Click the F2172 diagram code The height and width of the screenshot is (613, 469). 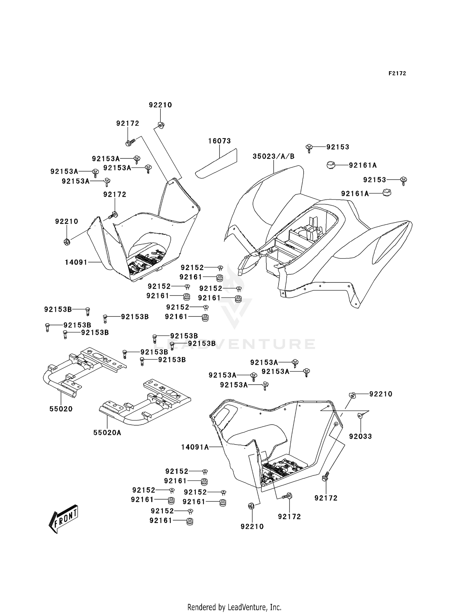[397, 73]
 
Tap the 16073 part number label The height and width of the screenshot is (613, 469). [219, 141]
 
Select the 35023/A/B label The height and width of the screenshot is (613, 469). [274, 156]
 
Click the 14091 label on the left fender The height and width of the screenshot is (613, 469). [76, 262]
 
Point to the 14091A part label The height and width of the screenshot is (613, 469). [195, 447]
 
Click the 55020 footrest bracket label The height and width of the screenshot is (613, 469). [61, 409]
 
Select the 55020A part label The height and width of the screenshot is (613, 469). [107, 432]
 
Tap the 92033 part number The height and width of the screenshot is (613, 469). [361, 436]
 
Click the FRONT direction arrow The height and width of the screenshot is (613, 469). [63, 519]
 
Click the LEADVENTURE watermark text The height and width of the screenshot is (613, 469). [234, 344]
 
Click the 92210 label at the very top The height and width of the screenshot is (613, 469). [160, 105]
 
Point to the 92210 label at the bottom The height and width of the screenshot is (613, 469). [252, 526]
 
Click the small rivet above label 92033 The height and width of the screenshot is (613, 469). [360, 416]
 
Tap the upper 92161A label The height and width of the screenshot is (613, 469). [363, 165]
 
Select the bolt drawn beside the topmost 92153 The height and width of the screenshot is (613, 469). [309, 148]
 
